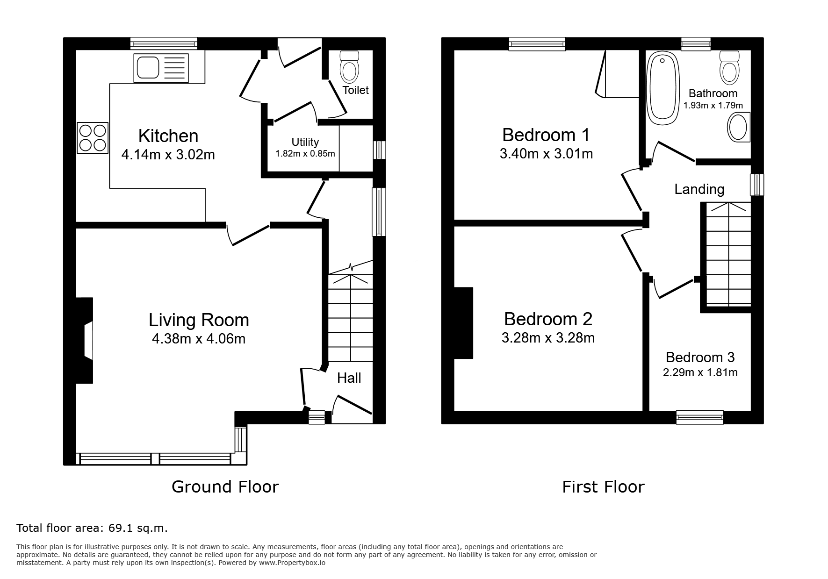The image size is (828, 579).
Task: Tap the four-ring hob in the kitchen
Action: point(93,138)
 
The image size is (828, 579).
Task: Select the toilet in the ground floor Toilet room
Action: point(349,67)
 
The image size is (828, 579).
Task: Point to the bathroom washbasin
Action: point(739,127)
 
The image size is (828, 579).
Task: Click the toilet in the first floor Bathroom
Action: point(729,67)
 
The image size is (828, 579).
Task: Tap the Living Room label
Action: point(199,320)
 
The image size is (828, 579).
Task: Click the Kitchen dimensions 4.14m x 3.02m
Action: point(168,154)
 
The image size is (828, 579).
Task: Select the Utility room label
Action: point(305,142)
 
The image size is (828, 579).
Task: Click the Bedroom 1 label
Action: point(546,135)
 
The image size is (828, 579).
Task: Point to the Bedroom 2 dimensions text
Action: point(548,337)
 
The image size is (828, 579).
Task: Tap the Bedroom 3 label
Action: point(700,357)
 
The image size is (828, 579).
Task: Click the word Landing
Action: point(699,189)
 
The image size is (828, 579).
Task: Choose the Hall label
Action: point(349,378)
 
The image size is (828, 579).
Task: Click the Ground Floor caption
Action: point(225,487)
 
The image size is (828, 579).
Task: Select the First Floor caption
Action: point(603,487)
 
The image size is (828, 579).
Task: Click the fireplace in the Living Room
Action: point(85,341)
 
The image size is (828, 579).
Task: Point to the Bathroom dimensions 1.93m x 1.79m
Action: point(713,106)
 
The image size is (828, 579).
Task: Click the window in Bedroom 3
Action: point(700,417)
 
